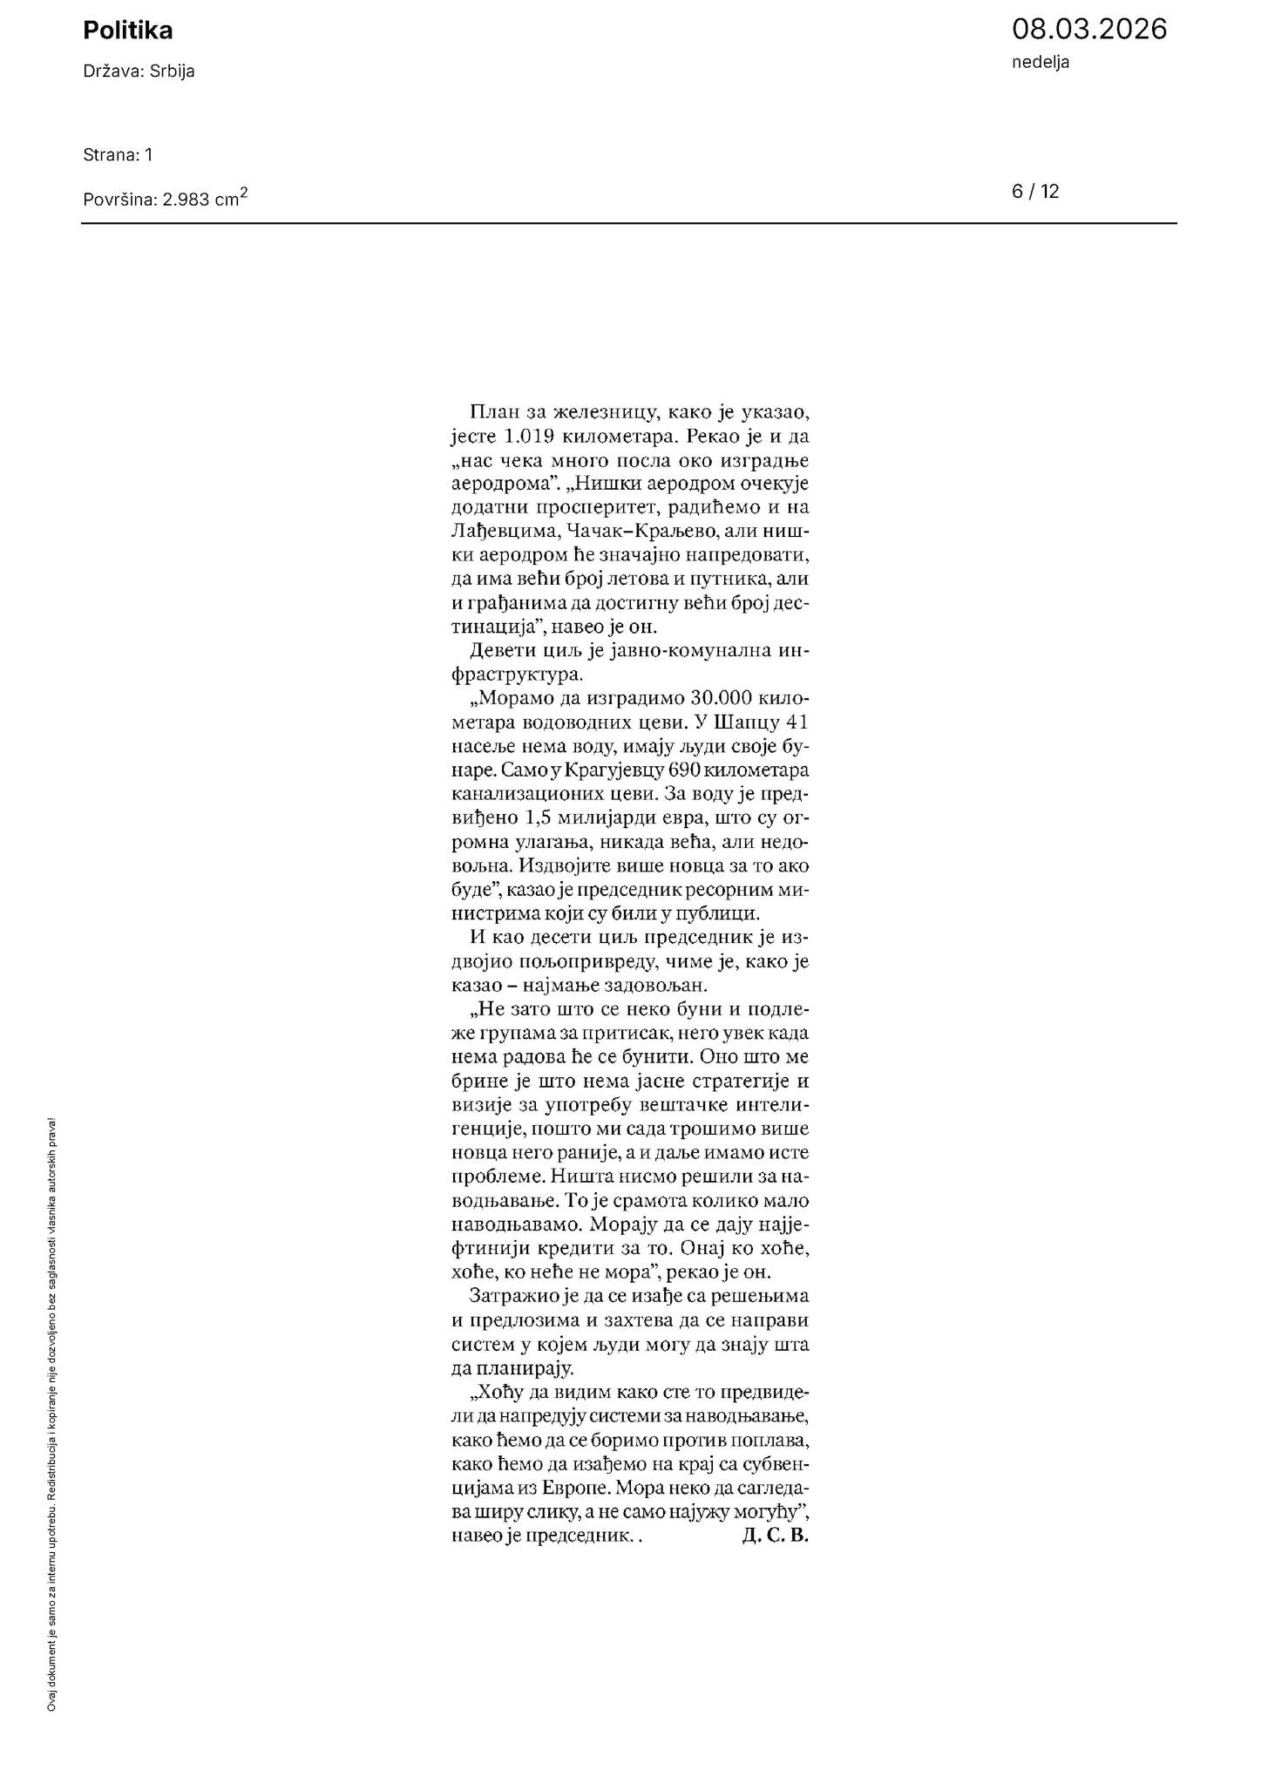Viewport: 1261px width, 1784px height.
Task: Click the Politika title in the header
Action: (x=127, y=31)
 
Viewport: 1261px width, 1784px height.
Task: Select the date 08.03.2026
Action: (x=1088, y=30)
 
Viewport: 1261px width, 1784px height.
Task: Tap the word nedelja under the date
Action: (x=1041, y=62)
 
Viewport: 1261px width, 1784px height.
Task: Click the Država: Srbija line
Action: (x=139, y=71)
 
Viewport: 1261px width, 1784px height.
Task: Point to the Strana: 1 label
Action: (x=118, y=155)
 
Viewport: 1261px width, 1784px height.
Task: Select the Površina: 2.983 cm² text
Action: (x=166, y=198)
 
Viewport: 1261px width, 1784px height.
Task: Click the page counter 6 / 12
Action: (x=1035, y=192)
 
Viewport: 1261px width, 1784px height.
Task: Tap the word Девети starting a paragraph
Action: (x=499, y=651)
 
